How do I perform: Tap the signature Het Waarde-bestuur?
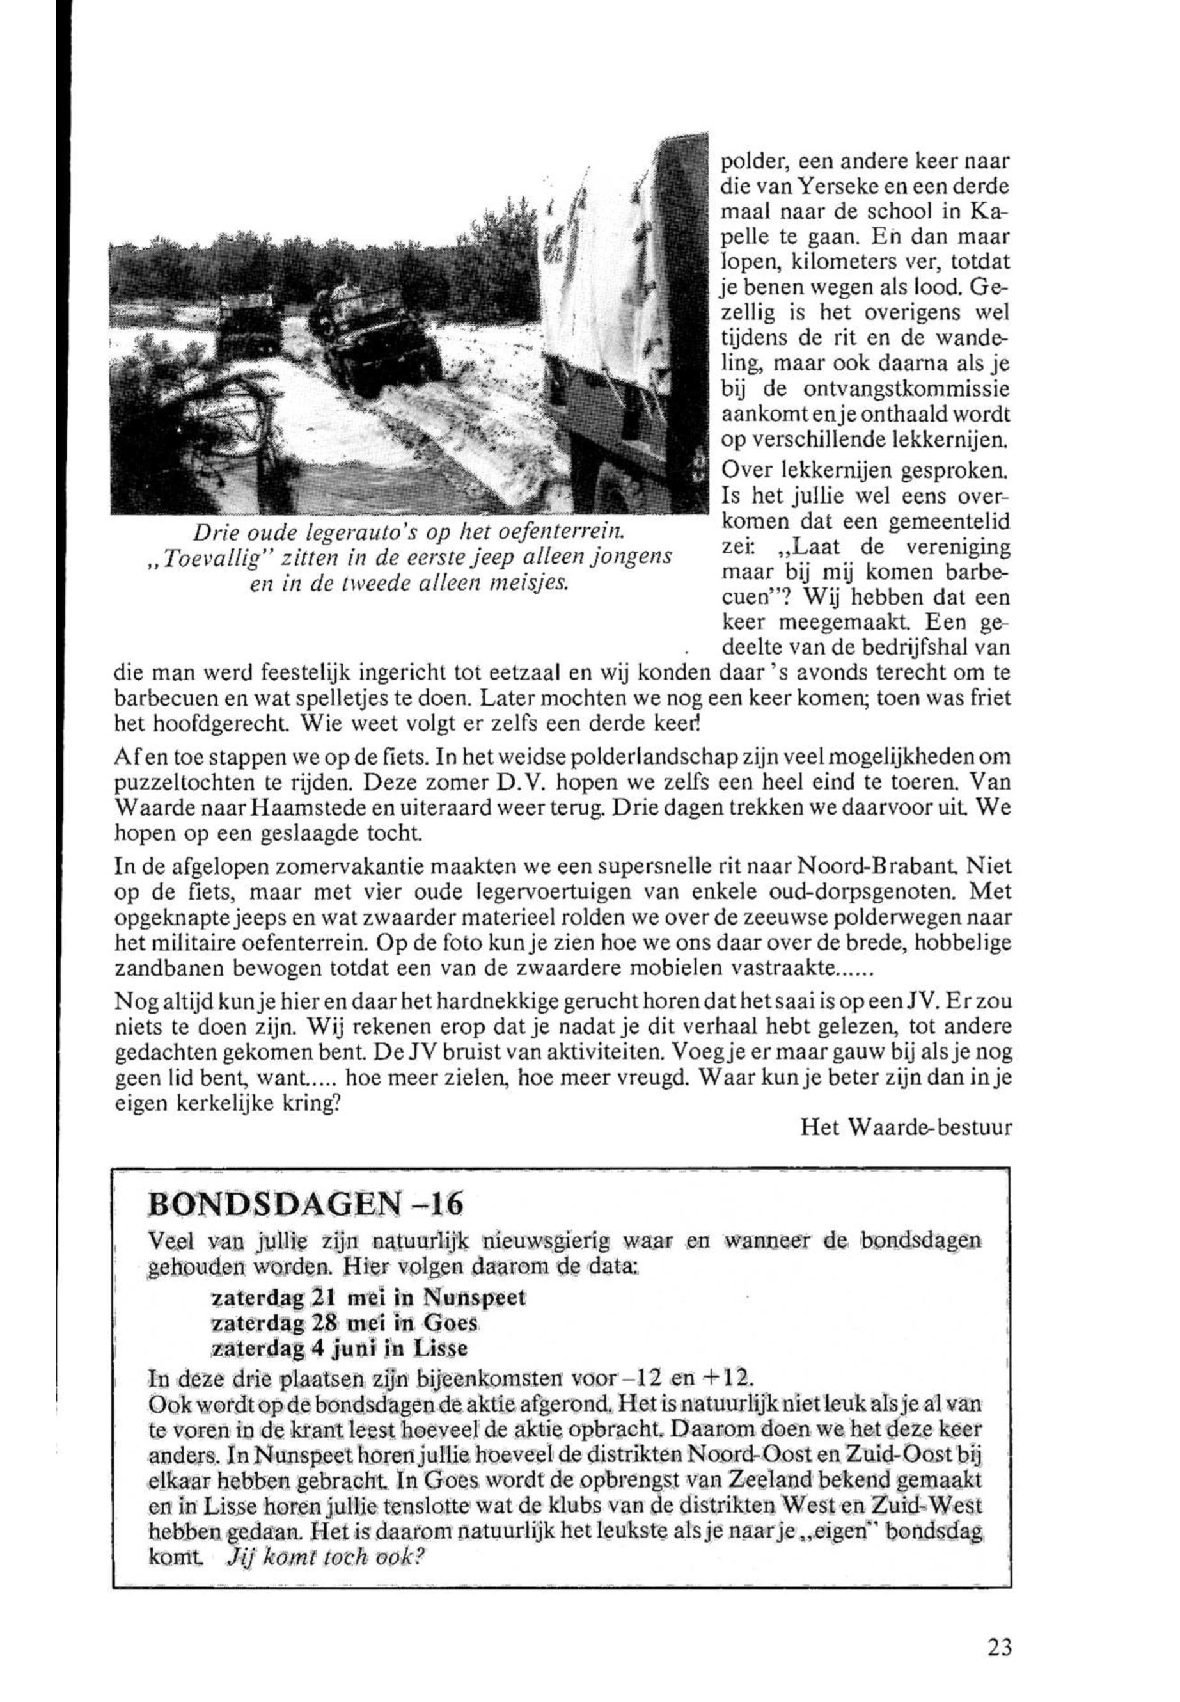tap(905, 1127)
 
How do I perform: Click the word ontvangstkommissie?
tap(901, 388)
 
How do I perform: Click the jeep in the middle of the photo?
tap(374, 337)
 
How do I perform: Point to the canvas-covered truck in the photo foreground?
tap(621, 311)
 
